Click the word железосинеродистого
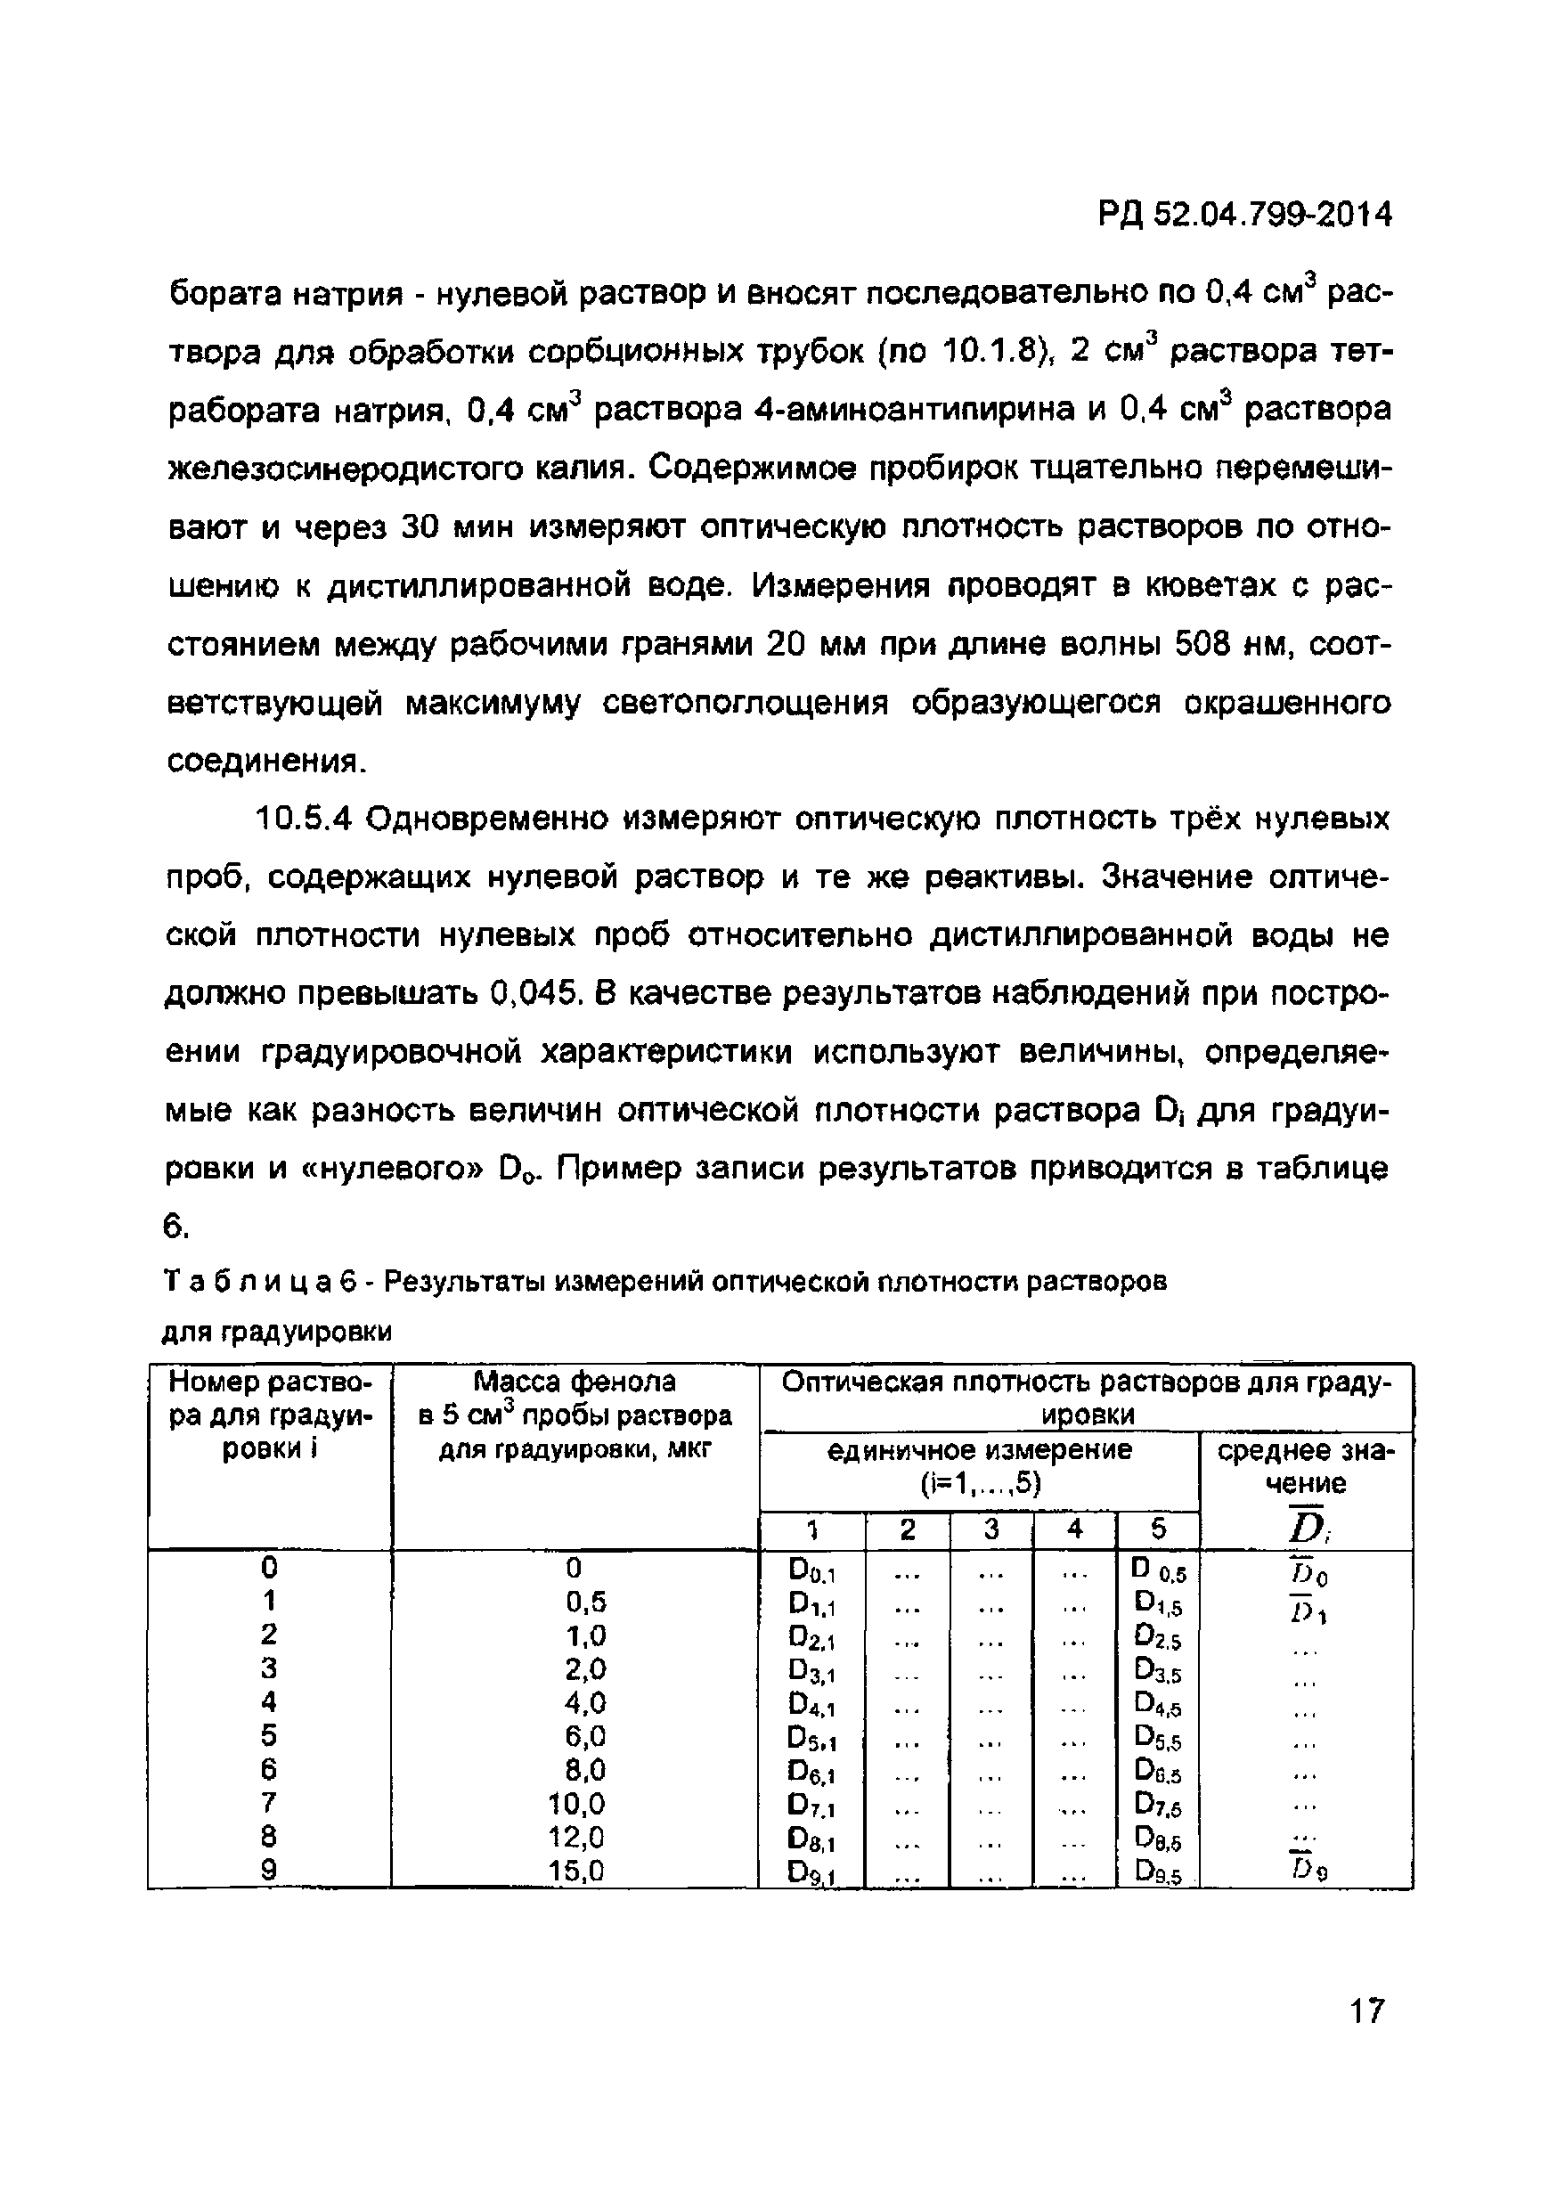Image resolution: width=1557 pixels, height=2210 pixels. [398, 469]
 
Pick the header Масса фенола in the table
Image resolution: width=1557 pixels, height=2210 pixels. [575, 1382]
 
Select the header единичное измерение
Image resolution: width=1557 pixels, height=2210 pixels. [980, 1449]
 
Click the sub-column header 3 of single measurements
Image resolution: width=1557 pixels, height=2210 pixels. [992, 1529]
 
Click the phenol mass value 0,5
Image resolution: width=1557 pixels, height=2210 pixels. [586, 1602]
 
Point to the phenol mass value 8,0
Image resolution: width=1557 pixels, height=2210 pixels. [586, 1769]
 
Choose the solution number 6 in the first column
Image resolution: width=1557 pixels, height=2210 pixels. [268, 1769]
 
